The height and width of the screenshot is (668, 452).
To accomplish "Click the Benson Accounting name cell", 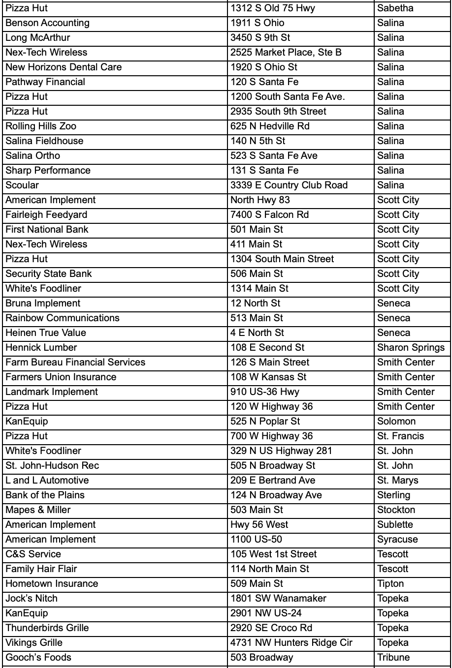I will [48, 23].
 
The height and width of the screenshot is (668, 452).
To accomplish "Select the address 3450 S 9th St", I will [261, 38].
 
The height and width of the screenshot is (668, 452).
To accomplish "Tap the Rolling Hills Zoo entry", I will [41, 126].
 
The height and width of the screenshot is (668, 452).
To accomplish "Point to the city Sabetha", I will [395, 8].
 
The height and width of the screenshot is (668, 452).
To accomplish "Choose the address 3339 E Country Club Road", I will [289, 185].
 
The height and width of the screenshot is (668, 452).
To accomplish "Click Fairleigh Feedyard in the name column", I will [46, 215].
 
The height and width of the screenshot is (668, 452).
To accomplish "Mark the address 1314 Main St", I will [259, 289].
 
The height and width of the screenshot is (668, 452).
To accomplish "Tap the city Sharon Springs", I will [411, 348].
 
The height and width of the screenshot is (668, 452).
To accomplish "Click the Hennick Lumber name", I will [41, 348].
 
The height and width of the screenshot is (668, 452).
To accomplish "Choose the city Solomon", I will [396, 422].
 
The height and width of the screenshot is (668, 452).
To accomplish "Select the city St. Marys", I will [398, 481].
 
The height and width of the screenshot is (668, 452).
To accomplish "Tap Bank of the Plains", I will [45, 495].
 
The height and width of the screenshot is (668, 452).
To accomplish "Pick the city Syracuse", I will [397, 540].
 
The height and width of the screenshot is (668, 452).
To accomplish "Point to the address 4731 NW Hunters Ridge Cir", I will [291, 643].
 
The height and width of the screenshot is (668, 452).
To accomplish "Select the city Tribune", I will [393, 658].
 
